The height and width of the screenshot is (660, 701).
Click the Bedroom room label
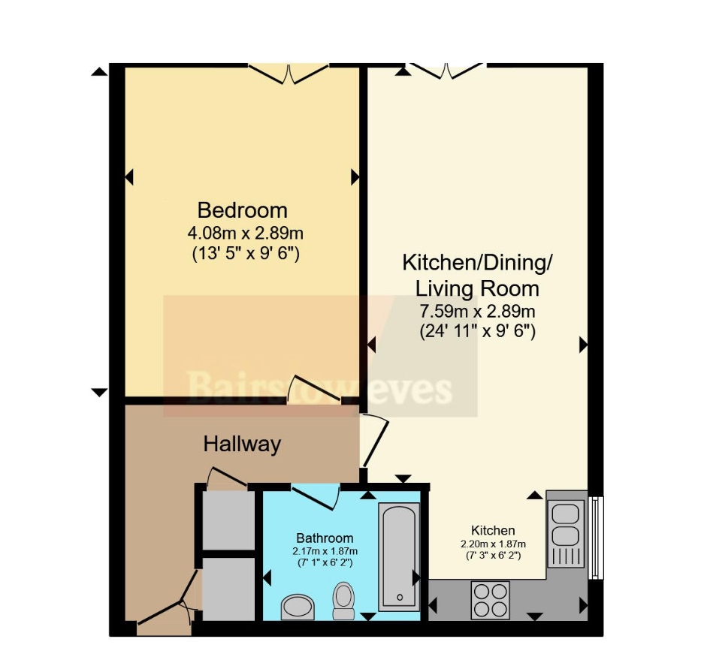[x=243, y=210]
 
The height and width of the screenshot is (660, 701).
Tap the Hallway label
[x=243, y=445]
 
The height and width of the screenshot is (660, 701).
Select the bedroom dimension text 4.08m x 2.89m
[x=246, y=233]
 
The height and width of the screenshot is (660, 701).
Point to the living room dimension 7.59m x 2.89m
[x=477, y=310]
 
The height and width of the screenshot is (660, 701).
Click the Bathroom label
[x=325, y=538]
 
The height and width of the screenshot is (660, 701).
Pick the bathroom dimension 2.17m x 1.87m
[x=325, y=551]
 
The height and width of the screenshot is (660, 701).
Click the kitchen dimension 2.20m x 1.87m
[x=493, y=544]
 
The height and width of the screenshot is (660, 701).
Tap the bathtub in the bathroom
[x=399, y=557]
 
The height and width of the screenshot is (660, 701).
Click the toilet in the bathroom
[x=344, y=601]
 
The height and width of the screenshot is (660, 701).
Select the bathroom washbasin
[x=298, y=607]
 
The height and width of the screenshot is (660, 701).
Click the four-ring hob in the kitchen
[x=491, y=600]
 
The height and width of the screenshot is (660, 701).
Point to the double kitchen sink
[x=566, y=534]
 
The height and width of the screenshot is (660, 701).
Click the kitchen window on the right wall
[x=596, y=538]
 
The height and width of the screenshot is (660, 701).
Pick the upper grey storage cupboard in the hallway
[x=228, y=520]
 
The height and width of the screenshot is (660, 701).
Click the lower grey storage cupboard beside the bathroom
[x=228, y=589]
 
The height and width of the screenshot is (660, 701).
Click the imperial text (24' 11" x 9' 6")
[x=477, y=332]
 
